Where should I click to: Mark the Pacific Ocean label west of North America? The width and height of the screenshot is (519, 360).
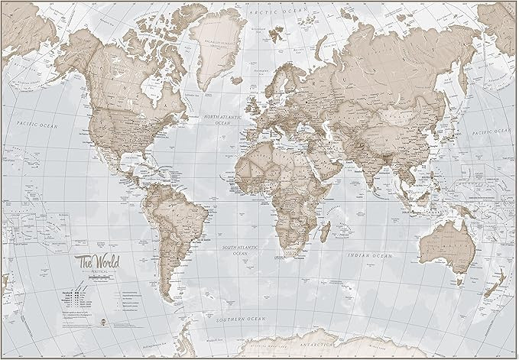39,124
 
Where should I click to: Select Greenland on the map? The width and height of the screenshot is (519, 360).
216,46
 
